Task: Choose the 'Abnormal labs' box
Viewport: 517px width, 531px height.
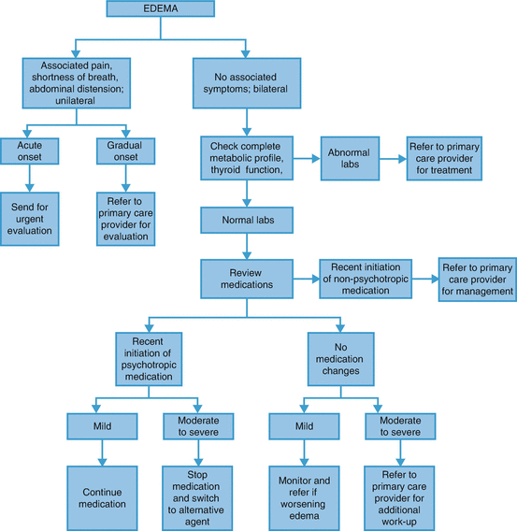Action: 352,151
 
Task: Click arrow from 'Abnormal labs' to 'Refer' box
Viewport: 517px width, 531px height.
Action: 393,151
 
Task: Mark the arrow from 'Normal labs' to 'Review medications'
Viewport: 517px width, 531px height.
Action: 245,249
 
